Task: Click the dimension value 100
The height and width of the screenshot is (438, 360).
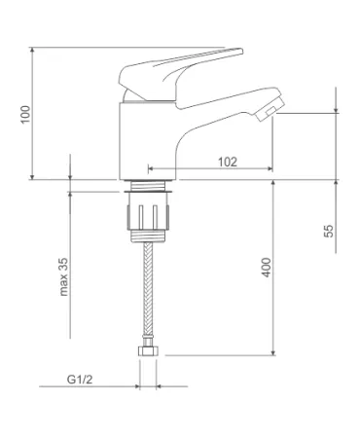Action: point(25,114)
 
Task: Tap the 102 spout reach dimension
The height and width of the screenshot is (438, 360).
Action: point(228,162)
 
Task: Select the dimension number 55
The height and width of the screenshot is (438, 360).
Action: point(329,231)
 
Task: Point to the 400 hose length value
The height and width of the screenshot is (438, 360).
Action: point(267,267)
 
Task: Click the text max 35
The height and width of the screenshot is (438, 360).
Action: point(64,276)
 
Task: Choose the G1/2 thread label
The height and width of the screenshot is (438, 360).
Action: point(80,379)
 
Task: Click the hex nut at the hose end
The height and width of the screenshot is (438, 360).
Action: point(148,351)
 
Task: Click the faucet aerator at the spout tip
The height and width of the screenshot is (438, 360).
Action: point(270,109)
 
